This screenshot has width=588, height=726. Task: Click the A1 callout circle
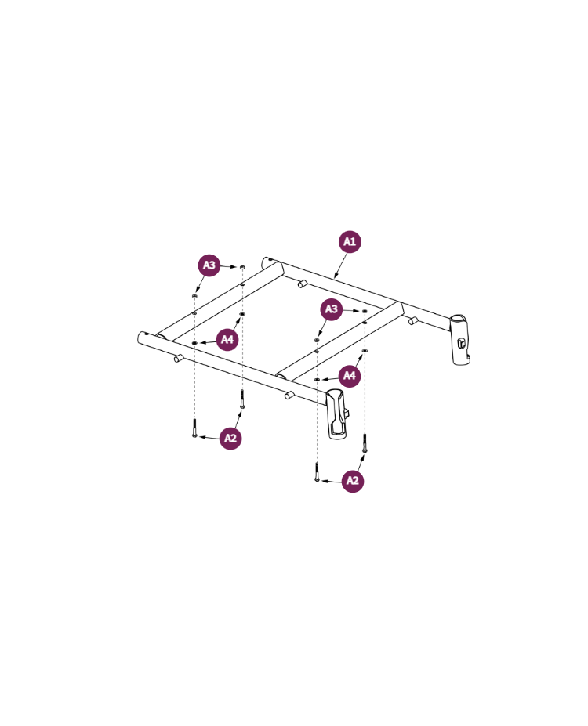[350, 242]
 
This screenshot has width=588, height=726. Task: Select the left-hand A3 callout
[209, 265]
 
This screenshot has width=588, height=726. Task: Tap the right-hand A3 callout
[332, 309]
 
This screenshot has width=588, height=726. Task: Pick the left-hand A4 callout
[227, 339]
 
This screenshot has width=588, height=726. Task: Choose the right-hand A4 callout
[350, 376]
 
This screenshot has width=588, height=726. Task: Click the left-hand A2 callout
[230, 438]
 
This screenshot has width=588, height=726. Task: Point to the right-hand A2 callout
[353, 480]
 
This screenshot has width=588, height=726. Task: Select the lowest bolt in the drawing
[316, 472]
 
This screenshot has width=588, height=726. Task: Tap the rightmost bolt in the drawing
[365, 443]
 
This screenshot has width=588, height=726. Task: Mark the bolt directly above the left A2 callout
[242, 399]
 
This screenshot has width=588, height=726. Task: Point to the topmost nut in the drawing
[242, 268]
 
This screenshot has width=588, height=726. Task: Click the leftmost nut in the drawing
[194, 297]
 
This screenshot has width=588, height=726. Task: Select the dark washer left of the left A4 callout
[194, 343]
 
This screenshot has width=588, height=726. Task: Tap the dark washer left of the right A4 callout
[317, 379]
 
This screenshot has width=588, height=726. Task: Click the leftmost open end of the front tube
[143, 338]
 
